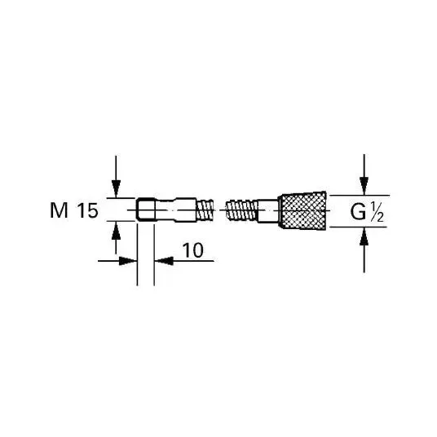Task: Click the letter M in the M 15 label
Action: [x=59, y=210]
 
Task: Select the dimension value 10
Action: [x=193, y=250]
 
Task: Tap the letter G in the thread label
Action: [x=358, y=212]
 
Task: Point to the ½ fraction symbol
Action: [x=376, y=212]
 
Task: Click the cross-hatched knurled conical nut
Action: [x=302, y=210]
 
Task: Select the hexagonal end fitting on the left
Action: [x=146, y=210]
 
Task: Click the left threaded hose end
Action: [x=205, y=210]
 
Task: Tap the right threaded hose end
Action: [x=242, y=210]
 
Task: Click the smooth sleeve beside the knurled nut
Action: [x=268, y=210]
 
